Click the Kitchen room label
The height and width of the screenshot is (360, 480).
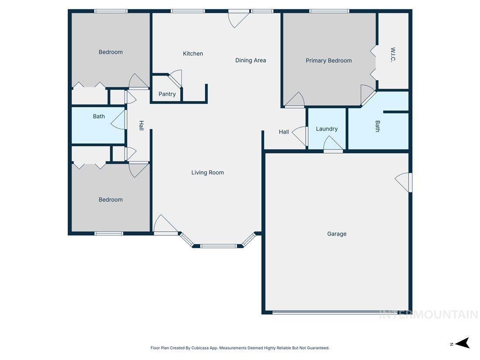click(193, 54)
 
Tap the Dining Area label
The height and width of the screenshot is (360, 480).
click(250, 60)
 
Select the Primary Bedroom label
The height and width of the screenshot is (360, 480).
click(329, 61)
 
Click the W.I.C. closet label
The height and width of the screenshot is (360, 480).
click(393, 55)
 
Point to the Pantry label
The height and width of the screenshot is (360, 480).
click(167, 94)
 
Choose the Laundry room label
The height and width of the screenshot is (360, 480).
click(327, 129)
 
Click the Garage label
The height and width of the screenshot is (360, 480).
click(337, 234)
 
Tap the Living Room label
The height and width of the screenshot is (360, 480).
click(208, 172)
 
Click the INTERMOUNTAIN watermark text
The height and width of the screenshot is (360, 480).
click(429, 315)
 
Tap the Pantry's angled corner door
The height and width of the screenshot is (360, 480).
click(175, 79)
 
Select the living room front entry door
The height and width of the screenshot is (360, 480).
click(165, 226)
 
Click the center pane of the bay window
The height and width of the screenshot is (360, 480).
click(218, 246)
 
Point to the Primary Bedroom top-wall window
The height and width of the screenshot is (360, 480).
click(329, 11)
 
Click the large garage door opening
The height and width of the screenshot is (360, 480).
click(336, 312)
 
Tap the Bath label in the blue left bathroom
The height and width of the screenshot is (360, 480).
click(99, 117)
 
